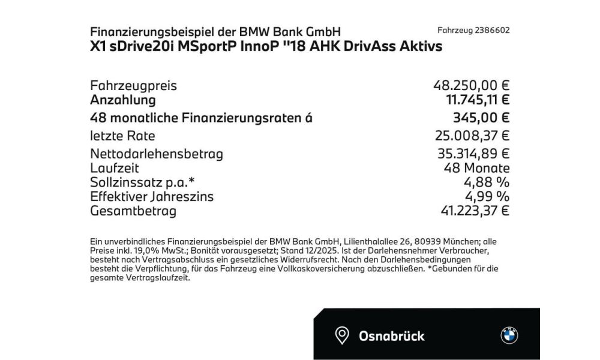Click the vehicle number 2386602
point(493,31)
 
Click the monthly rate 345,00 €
point(481,118)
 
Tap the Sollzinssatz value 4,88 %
point(486,182)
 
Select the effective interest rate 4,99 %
point(486,196)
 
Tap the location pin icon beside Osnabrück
point(342,335)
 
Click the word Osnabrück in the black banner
point(392,335)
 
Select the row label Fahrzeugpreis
point(133,86)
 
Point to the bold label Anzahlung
point(122,100)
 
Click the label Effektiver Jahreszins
point(151,196)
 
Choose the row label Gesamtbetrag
point(133,211)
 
